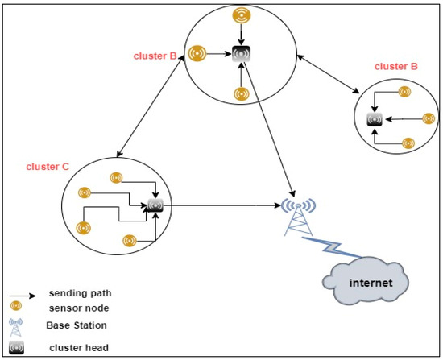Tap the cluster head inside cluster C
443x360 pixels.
(x=155, y=206)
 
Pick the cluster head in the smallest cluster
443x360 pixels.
(x=374, y=119)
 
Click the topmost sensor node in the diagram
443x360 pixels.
(x=240, y=15)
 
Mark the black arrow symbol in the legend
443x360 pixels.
(x=20, y=293)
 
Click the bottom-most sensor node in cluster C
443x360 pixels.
(x=127, y=240)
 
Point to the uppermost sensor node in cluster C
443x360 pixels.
(x=115, y=176)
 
